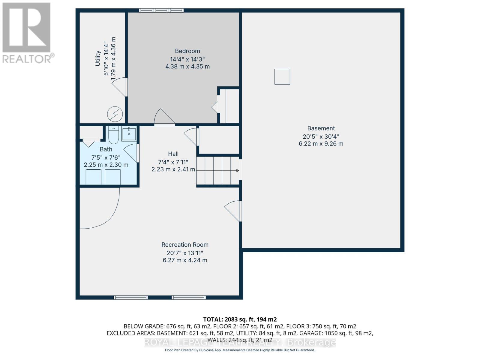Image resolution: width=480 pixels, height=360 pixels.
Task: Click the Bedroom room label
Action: [187, 51]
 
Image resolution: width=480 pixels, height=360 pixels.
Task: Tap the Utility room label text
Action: [98, 58]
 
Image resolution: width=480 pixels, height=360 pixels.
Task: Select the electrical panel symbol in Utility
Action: [115, 114]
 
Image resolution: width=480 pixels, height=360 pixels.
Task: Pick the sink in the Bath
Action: [129, 134]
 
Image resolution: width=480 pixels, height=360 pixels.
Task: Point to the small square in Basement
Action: [282, 76]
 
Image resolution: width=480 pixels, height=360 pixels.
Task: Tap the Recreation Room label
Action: [185, 245]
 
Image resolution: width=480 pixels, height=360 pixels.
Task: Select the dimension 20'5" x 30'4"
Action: [321, 136]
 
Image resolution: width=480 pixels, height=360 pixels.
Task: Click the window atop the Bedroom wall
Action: [161, 10]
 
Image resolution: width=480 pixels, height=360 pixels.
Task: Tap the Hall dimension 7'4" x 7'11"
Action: [173, 162]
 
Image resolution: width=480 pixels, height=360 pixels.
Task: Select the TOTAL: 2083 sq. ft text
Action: [239, 319]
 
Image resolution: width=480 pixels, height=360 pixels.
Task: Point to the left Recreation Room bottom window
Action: [130, 297]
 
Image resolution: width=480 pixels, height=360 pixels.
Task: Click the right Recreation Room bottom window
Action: [188, 297]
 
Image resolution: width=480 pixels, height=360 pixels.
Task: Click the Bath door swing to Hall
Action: [132, 153]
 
